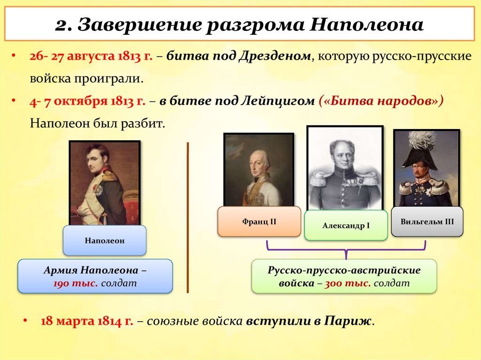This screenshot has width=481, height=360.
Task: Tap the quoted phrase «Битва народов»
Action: click(381, 101)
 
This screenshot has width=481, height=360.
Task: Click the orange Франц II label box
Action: click(259, 221)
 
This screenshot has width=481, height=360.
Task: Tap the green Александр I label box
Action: click(346, 226)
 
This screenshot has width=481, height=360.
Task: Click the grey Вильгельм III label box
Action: click(427, 221)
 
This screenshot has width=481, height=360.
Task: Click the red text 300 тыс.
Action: click(348, 283)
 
